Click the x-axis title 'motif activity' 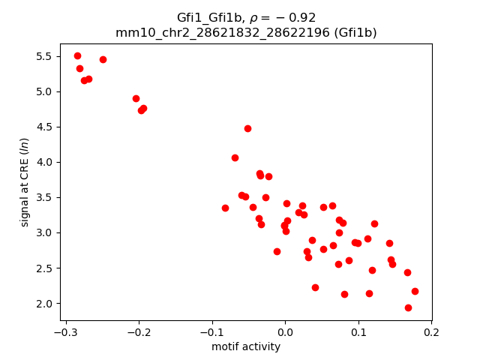[x=246, y=346]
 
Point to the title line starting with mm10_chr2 [x=246, y=32]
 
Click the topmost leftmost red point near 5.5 [x=77, y=55]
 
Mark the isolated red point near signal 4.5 [x=247, y=128]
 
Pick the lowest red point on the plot [x=408, y=307]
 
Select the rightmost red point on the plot [x=415, y=291]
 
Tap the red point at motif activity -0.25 [x=103, y=59]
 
